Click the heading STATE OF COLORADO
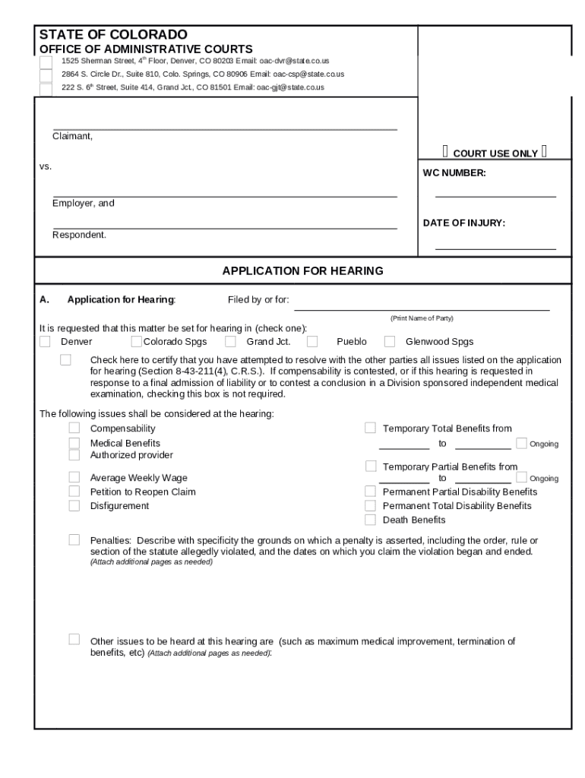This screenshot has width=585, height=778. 113,35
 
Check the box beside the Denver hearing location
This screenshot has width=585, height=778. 46,342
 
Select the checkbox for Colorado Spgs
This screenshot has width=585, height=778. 137,342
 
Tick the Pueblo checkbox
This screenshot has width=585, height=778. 312,342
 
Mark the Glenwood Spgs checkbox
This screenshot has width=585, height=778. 390,342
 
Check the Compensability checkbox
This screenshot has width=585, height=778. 74,429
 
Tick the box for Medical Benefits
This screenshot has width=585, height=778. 74,443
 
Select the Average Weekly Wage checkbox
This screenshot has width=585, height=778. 74,477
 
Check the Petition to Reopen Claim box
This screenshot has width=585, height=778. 74,492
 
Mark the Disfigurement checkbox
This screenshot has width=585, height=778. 74,506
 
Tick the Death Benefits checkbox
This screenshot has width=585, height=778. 370,520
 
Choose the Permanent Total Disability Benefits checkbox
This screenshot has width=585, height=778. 370,506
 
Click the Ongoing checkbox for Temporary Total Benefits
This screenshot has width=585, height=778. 521,443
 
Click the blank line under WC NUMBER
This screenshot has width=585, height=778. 495,196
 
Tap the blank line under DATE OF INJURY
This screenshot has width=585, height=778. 495,248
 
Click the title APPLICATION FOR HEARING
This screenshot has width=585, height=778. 302,270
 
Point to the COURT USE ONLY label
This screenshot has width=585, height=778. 495,153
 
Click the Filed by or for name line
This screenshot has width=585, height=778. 422,308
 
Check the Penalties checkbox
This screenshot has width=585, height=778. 74,539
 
